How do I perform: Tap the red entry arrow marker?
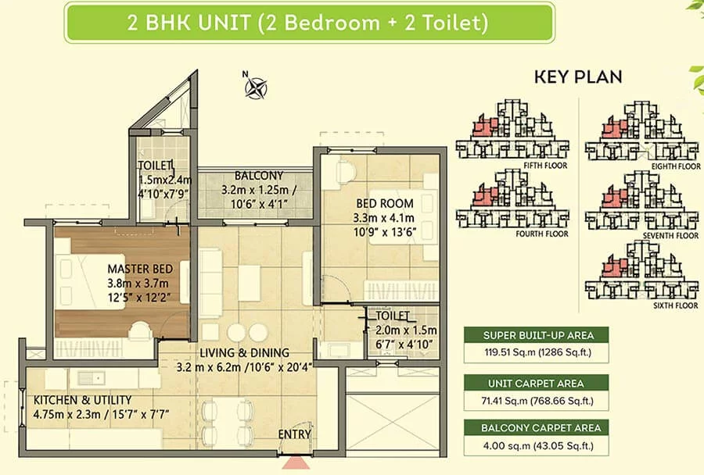click(295, 462)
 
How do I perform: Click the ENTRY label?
click(295, 434)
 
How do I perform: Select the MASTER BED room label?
click(140, 269)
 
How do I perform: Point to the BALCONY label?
click(259, 175)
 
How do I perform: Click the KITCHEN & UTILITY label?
click(83, 400)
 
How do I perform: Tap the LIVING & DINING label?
click(244, 352)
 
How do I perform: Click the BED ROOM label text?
click(385, 204)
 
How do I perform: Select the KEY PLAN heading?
click(578, 77)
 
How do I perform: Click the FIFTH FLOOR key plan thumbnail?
click(512, 130)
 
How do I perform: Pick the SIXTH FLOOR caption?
click(676, 306)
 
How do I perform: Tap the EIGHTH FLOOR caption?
click(676, 166)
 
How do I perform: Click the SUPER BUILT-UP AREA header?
click(538, 335)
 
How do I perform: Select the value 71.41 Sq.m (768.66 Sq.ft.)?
click(537, 401)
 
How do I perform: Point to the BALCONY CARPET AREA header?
click(541, 428)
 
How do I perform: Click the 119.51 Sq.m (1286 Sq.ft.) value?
click(538, 352)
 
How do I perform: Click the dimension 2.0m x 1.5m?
click(406, 330)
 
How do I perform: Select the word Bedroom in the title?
click(332, 23)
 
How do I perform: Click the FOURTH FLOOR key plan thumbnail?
click(512, 199)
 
